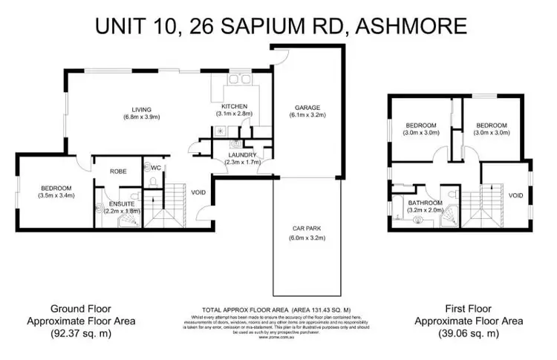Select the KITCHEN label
[234, 106]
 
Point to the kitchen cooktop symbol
[220, 129]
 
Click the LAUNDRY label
[241, 154]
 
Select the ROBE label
[118, 171]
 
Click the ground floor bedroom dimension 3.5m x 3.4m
[55, 196]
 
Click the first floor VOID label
[515, 195]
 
